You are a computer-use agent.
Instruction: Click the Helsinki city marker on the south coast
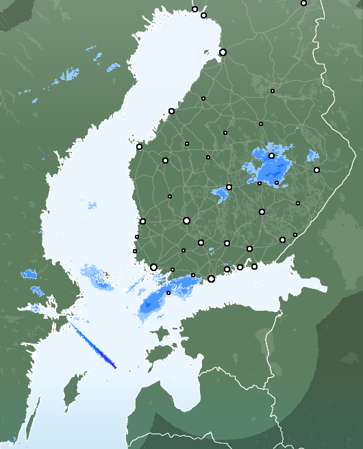[211, 279]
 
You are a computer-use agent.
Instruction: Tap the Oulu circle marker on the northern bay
[223, 52]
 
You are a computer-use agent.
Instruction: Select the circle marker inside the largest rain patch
[271, 156]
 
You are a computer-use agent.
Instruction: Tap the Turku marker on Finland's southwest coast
[153, 268]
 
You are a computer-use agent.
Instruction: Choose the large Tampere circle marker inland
[186, 220]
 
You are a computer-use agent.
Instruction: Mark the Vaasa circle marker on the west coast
[139, 146]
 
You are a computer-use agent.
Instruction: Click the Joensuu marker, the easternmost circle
[316, 170]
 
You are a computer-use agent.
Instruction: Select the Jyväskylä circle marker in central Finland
[229, 187]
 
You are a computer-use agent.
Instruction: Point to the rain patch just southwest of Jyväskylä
[221, 195]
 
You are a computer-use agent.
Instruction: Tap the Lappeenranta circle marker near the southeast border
[282, 240]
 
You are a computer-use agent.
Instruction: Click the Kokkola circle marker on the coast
[171, 111]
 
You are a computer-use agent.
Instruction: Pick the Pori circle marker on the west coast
[142, 221]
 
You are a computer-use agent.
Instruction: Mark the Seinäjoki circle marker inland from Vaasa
[165, 160]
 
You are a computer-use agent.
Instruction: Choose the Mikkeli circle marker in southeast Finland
[262, 211]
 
